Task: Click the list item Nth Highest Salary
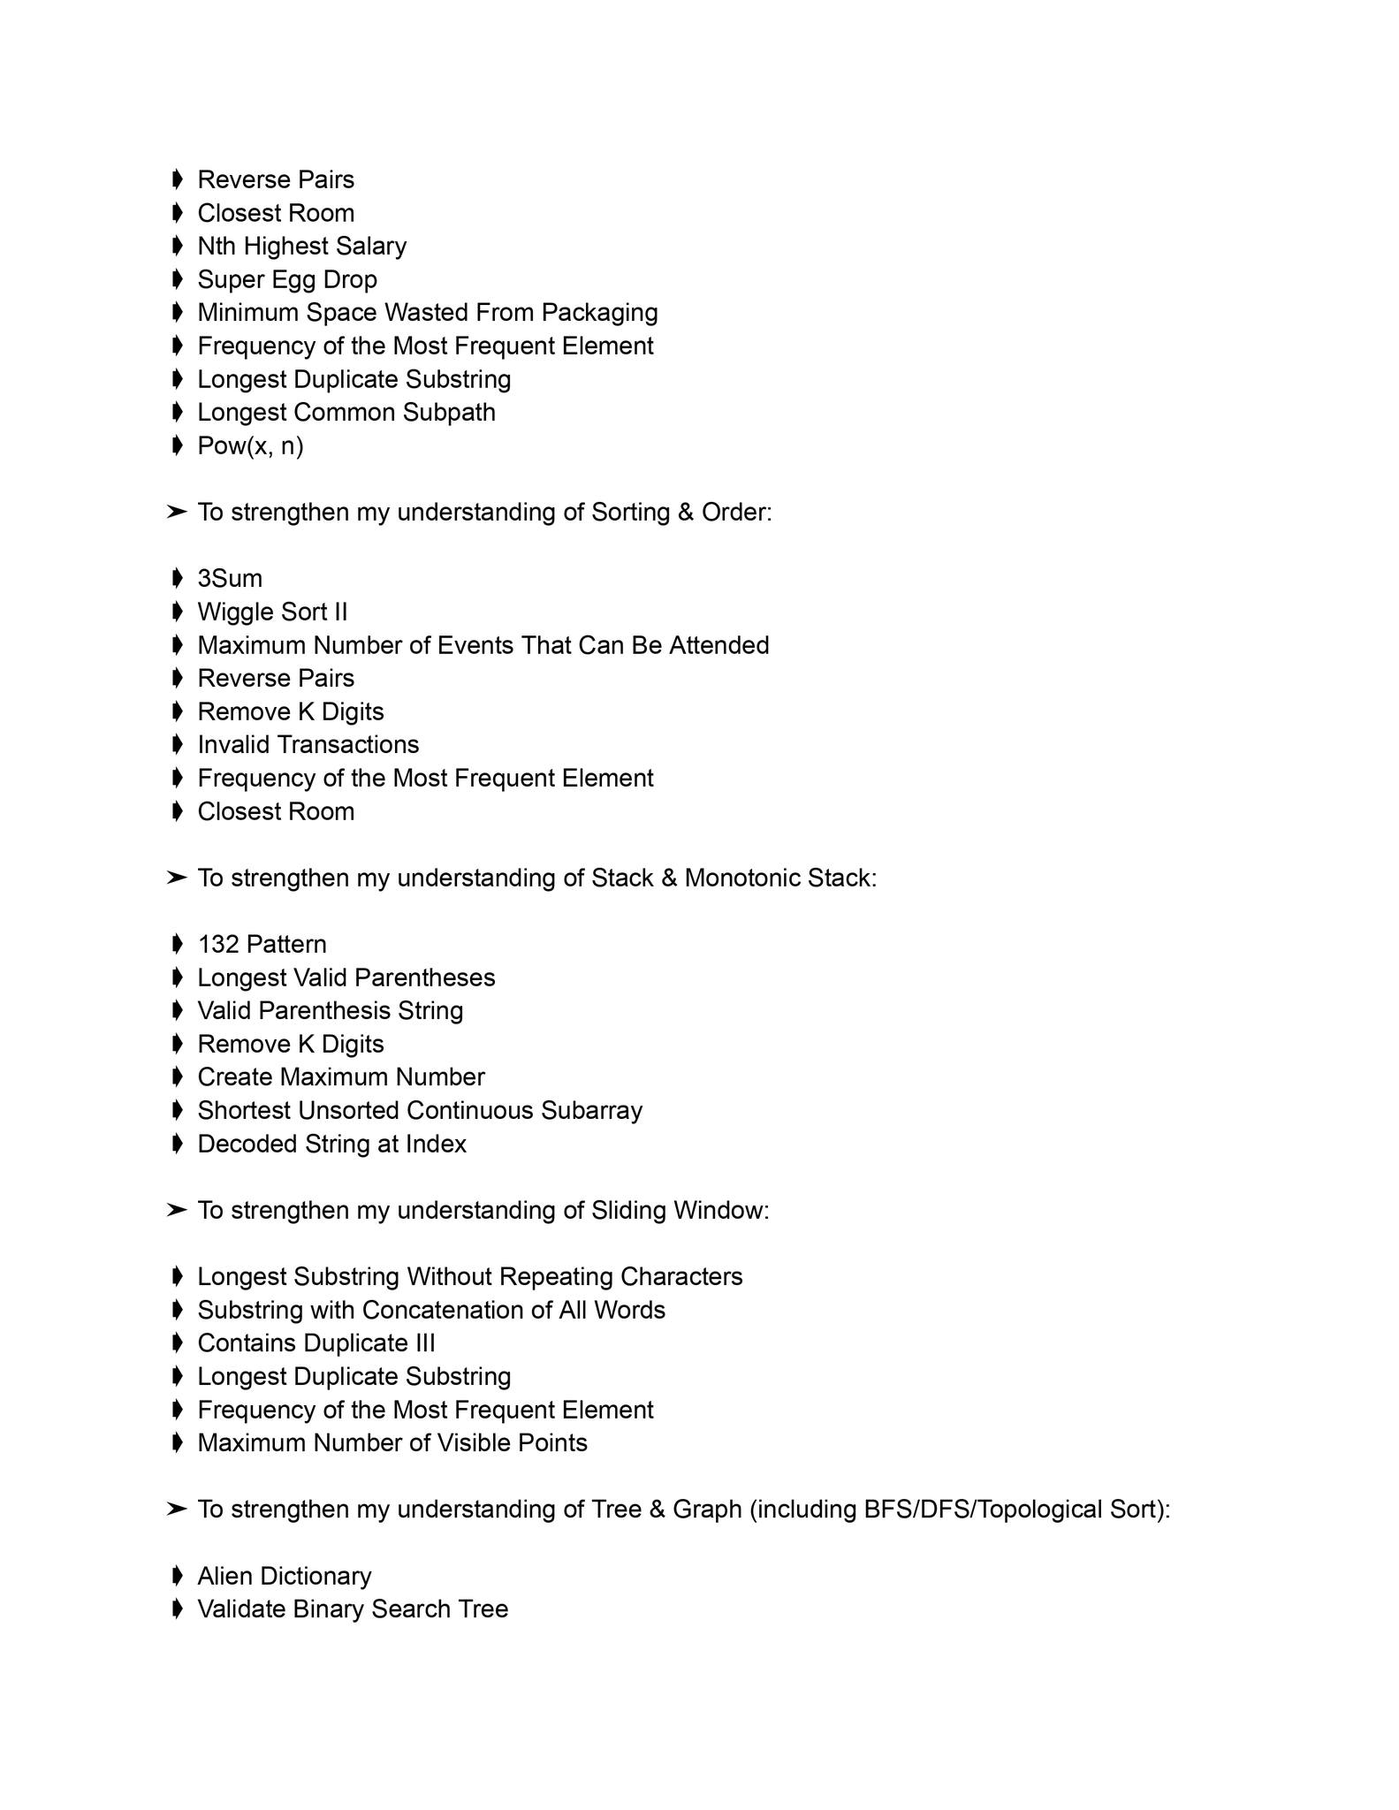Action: [x=301, y=246]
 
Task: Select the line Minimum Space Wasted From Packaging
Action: [x=427, y=313]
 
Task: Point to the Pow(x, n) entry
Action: [x=250, y=445]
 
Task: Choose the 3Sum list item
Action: [x=230, y=579]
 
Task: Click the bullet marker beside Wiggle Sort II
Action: [x=177, y=612]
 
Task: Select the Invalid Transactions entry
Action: [x=308, y=745]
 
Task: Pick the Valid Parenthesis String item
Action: [x=330, y=1011]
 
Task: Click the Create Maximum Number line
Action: [x=340, y=1077]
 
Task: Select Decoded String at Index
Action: [x=331, y=1145]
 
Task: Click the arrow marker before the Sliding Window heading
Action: [x=177, y=1210]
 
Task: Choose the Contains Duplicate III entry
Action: [x=316, y=1343]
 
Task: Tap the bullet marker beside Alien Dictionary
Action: [x=177, y=1576]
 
